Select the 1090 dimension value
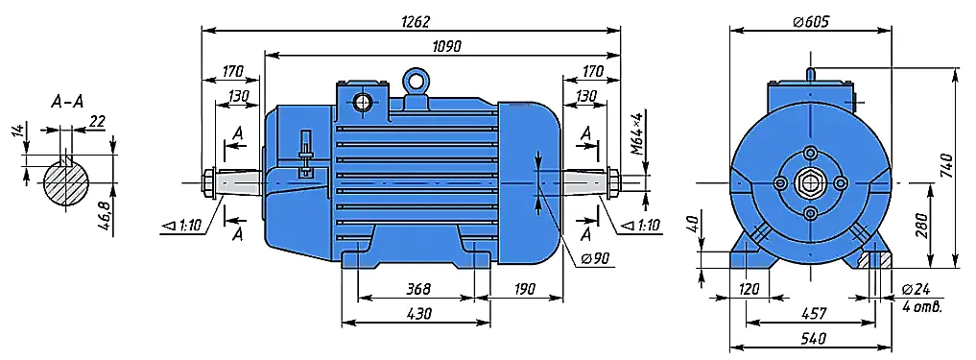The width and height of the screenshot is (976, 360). point(442,47)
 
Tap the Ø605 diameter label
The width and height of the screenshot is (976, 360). point(811,22)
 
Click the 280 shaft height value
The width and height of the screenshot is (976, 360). point(922,226)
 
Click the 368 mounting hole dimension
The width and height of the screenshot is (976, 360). point(418,289)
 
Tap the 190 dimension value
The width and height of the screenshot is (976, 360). point(526,289)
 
